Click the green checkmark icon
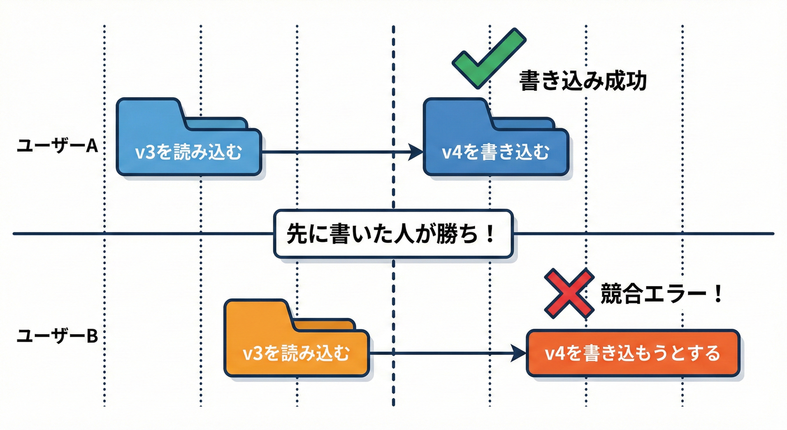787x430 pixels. tap(489, 58)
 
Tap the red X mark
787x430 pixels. tap(569, 293)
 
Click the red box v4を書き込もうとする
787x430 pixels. tap(633, 353)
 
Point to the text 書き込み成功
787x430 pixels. tap(583, 81)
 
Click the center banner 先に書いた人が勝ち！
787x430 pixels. tap(393, 233)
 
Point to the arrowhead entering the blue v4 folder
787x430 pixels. tap(415, 151)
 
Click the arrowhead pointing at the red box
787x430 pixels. tap(519, 353)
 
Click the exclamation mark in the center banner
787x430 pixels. tap(490, 233)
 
